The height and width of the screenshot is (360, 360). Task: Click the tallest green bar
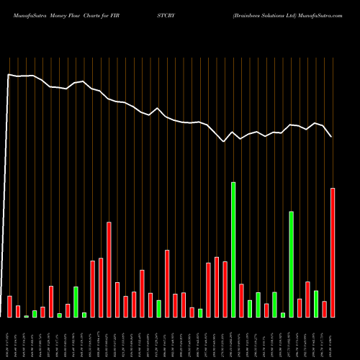coord(233,249)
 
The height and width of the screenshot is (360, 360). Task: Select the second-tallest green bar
coord(292,264)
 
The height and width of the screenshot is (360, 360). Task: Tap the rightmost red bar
coord(333,252)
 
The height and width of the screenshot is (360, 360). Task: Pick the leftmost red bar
coord(10,306)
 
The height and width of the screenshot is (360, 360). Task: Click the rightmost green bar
coord(316,303)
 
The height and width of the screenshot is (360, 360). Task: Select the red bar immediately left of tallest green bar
coord(225,289)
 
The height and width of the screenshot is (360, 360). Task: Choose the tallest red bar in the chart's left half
coord(109,269)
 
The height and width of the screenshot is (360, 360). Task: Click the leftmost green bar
coord(27,316)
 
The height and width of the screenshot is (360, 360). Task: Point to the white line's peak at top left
coord(9,73)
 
